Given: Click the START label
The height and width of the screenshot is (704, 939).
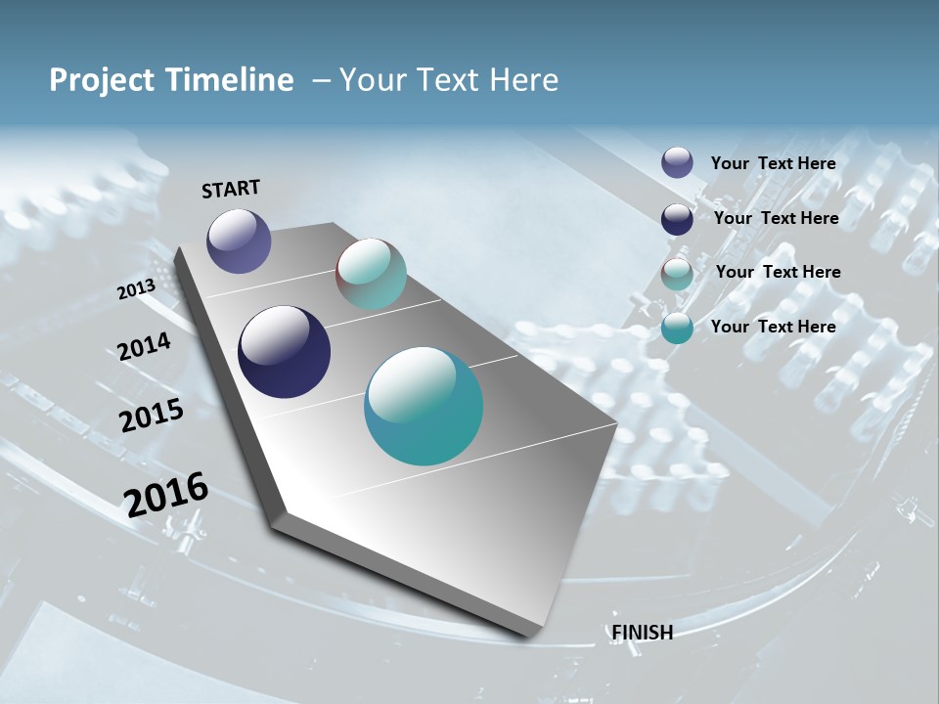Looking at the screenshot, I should tap(231, 189).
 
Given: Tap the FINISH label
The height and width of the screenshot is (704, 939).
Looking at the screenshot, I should tap(643, 633).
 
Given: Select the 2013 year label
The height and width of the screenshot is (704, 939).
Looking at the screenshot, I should tap(136, 289).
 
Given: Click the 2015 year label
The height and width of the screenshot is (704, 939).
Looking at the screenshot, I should tap(152, 416).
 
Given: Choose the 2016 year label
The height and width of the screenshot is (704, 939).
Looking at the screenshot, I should tap(166, 495).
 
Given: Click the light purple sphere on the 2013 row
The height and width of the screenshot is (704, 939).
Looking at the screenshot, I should tap(239, 242).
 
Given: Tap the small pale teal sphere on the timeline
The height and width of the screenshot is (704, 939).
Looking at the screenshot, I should tap(371, 274).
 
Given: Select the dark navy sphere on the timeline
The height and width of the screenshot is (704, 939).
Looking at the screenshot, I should tap(284, 352).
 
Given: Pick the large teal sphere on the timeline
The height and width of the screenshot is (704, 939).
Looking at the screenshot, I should tap(424, 406).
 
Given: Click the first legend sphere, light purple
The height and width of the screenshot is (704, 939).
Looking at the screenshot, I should tap(677, 163).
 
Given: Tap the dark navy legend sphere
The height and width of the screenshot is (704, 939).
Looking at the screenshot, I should tap(677, 219).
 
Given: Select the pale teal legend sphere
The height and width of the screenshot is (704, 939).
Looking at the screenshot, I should tap(677, 274).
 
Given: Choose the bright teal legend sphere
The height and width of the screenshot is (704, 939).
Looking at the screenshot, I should tap(677, 329).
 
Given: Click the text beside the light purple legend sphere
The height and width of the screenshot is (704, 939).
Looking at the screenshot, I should tap(773, 163).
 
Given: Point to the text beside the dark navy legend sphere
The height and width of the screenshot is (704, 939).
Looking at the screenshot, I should tap(776, 218).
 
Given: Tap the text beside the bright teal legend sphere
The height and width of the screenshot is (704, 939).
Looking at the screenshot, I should tap(773, 327).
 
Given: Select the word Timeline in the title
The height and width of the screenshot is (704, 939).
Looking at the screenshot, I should tap(230, 80).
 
